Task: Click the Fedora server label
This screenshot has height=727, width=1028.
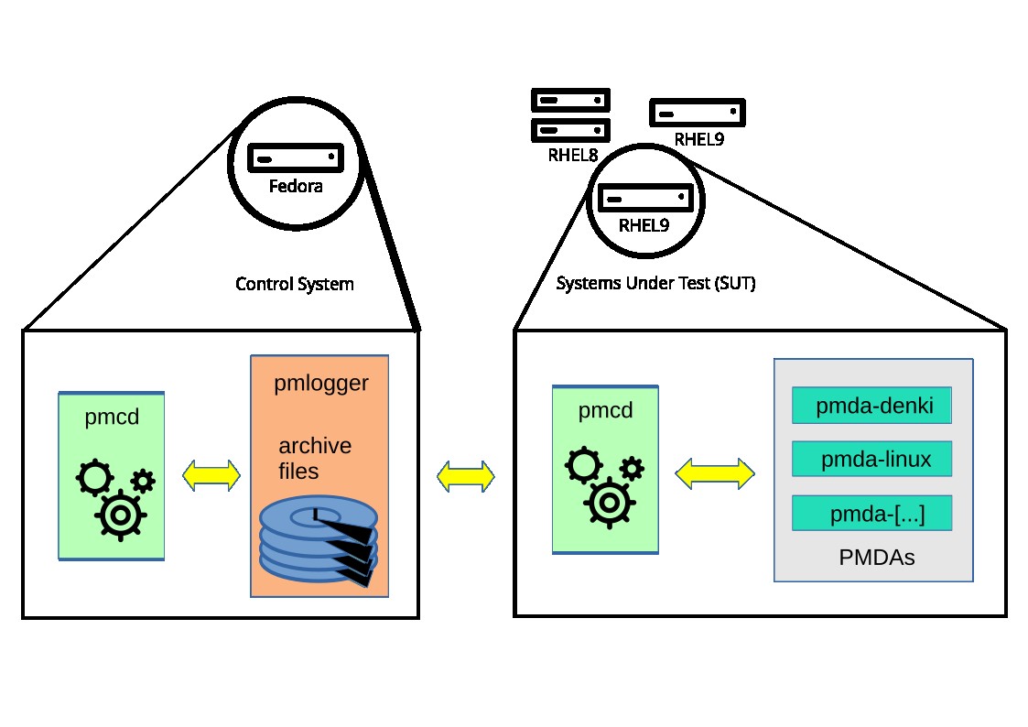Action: (296, 187)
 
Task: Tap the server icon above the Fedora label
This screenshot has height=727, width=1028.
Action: (296, 157)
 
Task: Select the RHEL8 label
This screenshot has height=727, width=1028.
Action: (573, 155)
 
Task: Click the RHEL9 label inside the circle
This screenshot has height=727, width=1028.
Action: (644, 225)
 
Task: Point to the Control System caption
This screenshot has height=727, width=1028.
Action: (295, 284)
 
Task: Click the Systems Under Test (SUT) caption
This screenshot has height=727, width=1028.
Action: (655, 284)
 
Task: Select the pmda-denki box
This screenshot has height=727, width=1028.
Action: (872, 406)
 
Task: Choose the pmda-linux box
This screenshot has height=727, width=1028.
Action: (872, 459)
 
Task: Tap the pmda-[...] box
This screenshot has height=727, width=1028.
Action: (872, 513)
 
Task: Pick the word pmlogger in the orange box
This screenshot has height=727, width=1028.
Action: (320, 384)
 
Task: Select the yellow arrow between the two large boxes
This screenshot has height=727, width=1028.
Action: (466, 476)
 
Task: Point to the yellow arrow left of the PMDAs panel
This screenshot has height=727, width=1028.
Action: (715, 472)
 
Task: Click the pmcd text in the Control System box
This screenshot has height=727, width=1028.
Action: (111, 418)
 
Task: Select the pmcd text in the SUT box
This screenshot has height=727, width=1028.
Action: (605, 411)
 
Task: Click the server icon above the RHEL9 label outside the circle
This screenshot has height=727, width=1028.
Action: (698, 113)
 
